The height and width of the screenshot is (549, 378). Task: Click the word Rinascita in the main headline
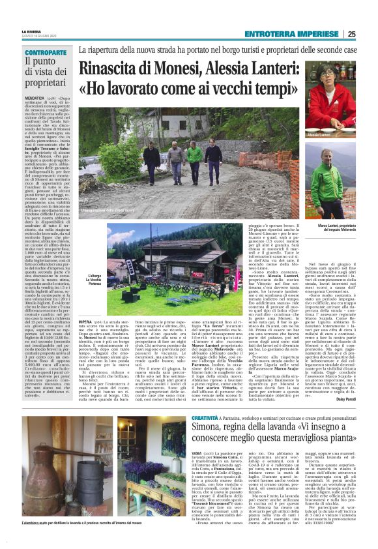pyautogui.click(x=114, y=67)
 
